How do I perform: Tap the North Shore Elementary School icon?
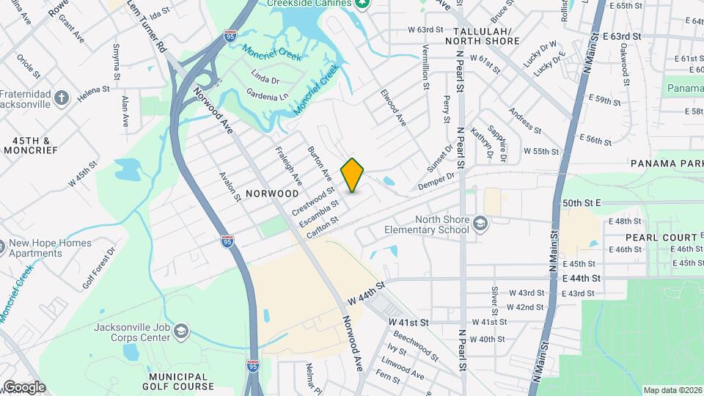(x=480, y=222)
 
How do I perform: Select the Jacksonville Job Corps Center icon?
(x=180, y=333)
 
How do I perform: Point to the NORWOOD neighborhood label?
(x=273, y=194)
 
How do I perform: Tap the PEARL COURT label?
(x=661, y=238)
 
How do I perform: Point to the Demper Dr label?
(x=436, y=180)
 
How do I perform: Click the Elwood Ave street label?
(x=393, y=108)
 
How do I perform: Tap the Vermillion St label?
(x=425, y=66)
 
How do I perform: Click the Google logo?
(x=23, y=386)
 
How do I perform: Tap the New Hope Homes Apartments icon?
(x=3, y=245)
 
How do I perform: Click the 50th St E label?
(x=582, y=202)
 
